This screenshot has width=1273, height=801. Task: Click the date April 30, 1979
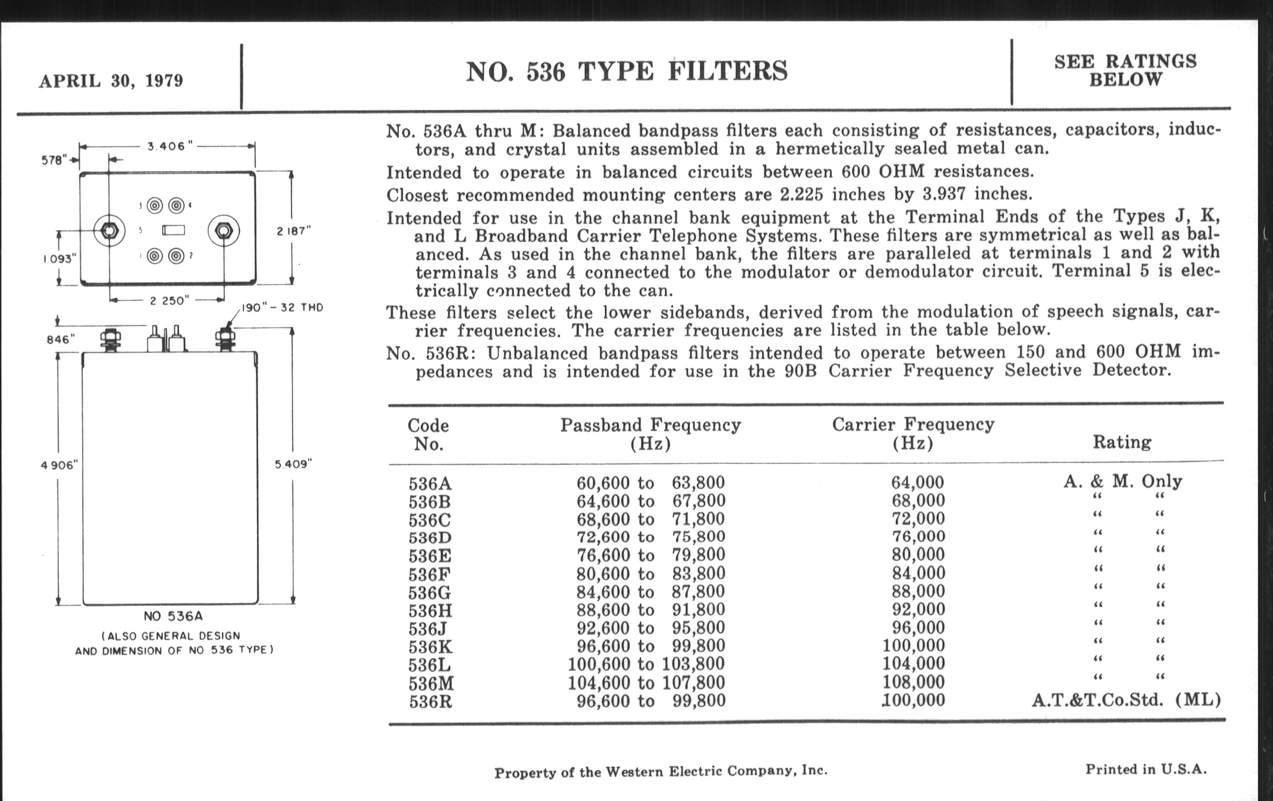[x=111, y=81]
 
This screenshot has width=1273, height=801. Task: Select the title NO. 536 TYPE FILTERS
[x=627, y=71]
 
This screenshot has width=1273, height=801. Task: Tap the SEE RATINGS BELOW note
[x=1125, y=70]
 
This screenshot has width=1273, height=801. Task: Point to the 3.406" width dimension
[x=166, y=147]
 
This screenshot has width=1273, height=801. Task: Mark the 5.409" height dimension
[x=294, y=464]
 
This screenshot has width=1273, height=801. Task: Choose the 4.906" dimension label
[x=59, y=465]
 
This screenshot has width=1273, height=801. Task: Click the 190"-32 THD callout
[x=282, y=308]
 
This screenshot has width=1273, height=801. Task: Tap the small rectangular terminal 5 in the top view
[x=173, y=230]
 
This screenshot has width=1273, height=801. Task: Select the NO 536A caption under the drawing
[x=173, y=616]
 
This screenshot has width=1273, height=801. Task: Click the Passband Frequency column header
[x=650, y=433]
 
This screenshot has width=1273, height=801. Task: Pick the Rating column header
[x=1122, y=442]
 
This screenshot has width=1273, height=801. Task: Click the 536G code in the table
[x=429, y=592]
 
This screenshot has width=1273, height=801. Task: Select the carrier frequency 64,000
[x=917, y=482]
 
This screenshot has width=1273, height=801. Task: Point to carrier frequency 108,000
[x=913, y=682]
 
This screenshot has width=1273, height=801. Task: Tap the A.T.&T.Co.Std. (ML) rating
[x=1126, y=700]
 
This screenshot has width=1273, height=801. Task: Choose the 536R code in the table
[x=430, y=702]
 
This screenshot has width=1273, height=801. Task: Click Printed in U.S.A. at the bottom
[x=1146, y=769]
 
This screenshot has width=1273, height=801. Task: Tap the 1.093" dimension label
[x=59, y=259]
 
